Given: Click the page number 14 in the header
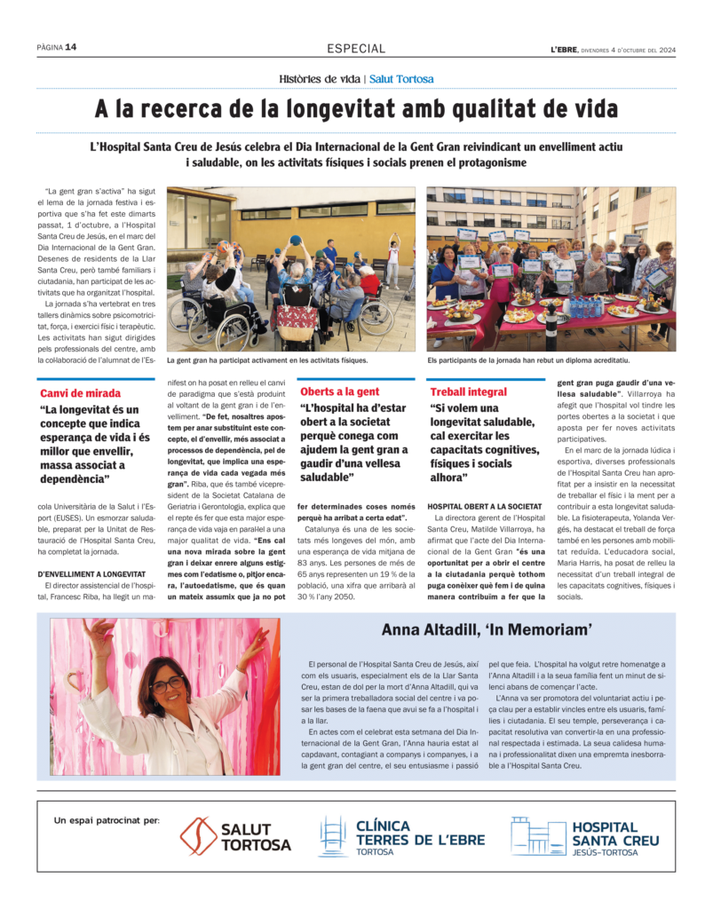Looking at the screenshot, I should click(x=71, y=48).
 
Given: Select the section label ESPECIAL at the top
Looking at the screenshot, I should click(x=356, y=49).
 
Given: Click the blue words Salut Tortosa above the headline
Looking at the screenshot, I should click(x=401, y=79).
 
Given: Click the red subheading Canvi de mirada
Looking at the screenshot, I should click(x=80, y=392).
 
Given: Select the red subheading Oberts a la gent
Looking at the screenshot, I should click(x=339, y=391).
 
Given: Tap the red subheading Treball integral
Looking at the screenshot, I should click(x=469, y=391).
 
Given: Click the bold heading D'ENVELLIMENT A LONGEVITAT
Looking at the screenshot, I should click(x=92, y=574).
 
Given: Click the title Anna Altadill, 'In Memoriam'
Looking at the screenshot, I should click(x=486, y=630).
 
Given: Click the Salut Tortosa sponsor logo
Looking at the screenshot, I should click(x=236, y=836).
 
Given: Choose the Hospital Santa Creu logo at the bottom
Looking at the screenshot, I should click(x=585, y=836).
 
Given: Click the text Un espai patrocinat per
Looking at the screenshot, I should click(x=107, y=820).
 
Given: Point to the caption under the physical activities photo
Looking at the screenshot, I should click(x=266, y=360).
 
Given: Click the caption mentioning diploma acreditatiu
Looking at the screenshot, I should click(x=528, y=360).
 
